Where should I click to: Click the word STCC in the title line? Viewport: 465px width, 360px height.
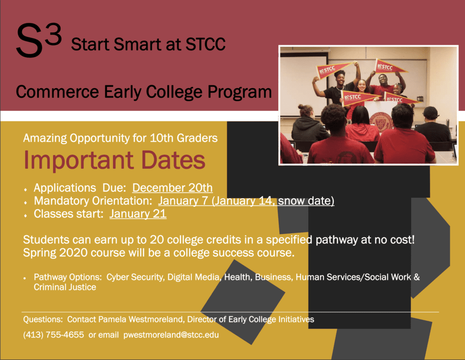pyautogui.click(x=206, y=45)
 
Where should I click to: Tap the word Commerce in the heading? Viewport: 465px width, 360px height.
pyautogui.click(x=57, y=92)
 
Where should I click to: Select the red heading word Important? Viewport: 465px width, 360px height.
pyautogui.click(x=79, y=160)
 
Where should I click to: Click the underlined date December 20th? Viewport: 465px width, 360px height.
pyautogui.click(x=172, y=188)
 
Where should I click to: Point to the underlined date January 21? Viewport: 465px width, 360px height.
pyautogui.click(x=138, y=214)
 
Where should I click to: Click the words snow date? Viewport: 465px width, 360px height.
pyautogui.click(x=306, y=201)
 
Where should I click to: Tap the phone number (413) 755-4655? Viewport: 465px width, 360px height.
pyautogui.click(x=54, y=335)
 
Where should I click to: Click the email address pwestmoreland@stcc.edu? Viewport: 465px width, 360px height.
pyautogui.click(x=171, y=335)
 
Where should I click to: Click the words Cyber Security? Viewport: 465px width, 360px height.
pyautogui.click(x=135, y=277)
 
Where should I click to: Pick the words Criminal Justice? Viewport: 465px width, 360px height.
pyautogui.click(x=65, y=287)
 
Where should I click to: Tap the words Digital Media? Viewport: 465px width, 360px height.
pyautogui.click(x=193, y=277)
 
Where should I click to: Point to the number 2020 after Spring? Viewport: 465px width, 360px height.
pyautogui.click(x=73, y=253)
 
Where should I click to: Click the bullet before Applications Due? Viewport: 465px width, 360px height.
pyautogui.click(x=25, y=190)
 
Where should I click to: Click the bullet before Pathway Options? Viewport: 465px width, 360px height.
pyautogui.click(x=25, y=278)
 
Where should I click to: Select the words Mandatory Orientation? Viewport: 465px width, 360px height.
pyautogui.click(x=93, y=201)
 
